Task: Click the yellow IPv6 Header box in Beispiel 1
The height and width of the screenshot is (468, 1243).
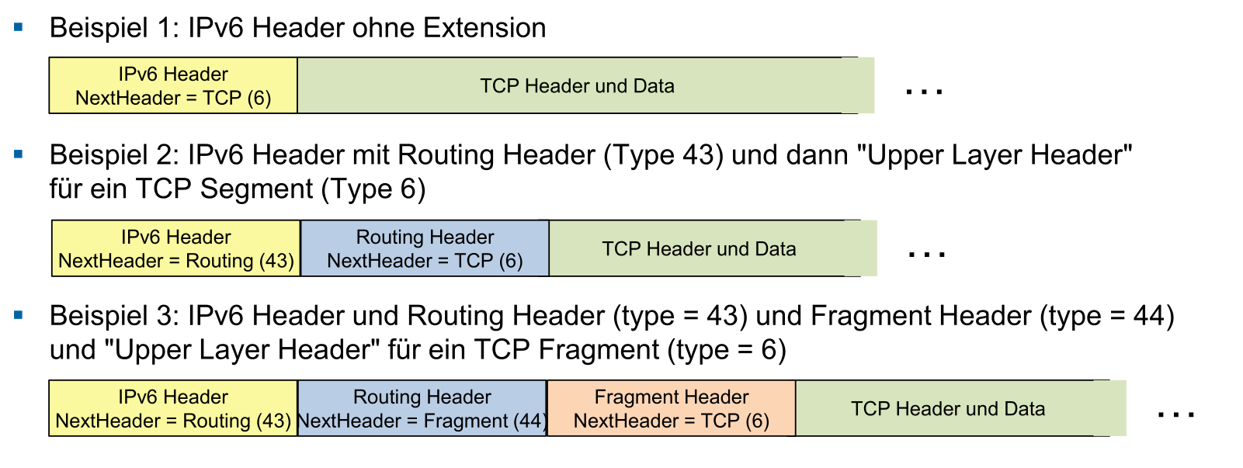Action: pos(173,85)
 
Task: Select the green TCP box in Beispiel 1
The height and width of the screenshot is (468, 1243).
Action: pos(586,85)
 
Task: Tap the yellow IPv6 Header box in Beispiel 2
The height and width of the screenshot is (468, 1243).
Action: pos(176,248)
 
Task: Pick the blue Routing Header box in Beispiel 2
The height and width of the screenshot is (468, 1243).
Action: pos(425,248)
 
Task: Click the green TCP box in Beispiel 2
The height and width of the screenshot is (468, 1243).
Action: pos(713,248)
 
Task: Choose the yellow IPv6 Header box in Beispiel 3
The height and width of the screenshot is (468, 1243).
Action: pos(173,408)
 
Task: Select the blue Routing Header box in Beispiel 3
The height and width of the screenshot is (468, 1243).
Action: pos(422,408)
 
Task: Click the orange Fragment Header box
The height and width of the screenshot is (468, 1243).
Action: pos(672,408)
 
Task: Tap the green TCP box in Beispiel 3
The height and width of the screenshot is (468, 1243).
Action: pos(961,408)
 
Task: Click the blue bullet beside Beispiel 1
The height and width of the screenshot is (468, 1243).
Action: pos(19,26)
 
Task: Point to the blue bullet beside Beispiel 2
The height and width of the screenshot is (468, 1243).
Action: pos(19,154)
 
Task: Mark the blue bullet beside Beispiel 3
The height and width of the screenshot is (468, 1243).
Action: pos(19,315)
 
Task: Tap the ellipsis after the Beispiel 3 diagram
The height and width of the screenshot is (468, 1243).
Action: pos(1176,414)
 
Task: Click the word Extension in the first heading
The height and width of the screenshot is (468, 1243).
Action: pos(484,28)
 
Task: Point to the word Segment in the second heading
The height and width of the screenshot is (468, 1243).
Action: pos(256,189)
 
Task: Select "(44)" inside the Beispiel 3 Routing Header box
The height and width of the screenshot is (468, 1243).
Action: pos(530,421)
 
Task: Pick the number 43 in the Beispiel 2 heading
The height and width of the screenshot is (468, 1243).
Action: pos(699,155)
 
